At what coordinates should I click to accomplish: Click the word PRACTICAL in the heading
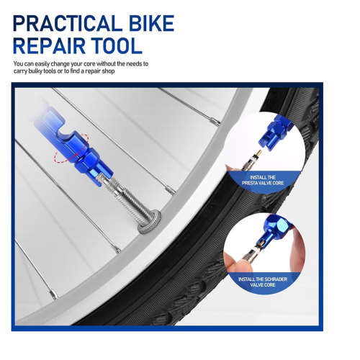click(67, 23)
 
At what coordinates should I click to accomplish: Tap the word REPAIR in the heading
click(49, 45)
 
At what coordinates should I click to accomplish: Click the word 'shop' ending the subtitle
click(108, 71)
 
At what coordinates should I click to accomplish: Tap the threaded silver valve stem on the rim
click(128, 197)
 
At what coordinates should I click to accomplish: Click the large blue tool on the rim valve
click(74, 144)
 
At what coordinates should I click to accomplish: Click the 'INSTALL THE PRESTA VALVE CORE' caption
click(263, 180)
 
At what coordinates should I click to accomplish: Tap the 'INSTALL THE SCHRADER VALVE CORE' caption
click(263, 282)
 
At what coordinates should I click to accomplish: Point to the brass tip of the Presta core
click(259, 153)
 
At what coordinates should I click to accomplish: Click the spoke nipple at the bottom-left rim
click(54, 294)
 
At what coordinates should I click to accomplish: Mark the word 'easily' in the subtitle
click(42, 64)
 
